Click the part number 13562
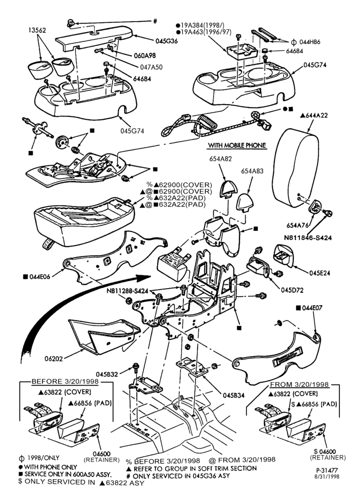(x=37, y=30)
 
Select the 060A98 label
(x=144, y=55)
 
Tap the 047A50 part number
(x=151, y=67)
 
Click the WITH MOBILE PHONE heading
(x=237, y=145)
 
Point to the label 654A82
(x=220, y=159)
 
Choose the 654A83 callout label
(x=252, y=171)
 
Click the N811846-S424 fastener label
(x=307, y=237)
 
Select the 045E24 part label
(x=319, y=273)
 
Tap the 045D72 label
(x=292, y=290)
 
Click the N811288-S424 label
(x=127, y=291)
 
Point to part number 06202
(x=53, y=358)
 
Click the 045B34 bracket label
(x=233, y=395)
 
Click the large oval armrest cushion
(x=295, y=167)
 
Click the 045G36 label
(x=167, y=41)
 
